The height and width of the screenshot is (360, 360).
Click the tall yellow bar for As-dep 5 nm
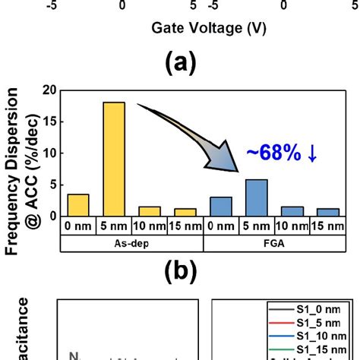pos(114,159)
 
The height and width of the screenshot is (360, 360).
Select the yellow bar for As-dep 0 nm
pos(78,205)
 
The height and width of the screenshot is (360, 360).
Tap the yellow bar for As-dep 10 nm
pos(150,211)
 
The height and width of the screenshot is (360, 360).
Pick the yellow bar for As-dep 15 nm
pos(185,212)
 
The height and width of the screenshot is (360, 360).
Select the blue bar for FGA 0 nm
pos(221,207)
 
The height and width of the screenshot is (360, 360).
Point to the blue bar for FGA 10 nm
pos(292,211)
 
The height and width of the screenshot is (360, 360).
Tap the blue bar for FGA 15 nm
pos(328,212)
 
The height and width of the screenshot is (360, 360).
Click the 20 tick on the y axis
pos(49,90)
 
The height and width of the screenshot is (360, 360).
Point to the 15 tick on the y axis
pos(49,122)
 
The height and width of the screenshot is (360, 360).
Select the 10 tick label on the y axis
pos(49,153)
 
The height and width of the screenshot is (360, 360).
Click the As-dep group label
pos(132,243)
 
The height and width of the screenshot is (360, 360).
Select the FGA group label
pos(274,243)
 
